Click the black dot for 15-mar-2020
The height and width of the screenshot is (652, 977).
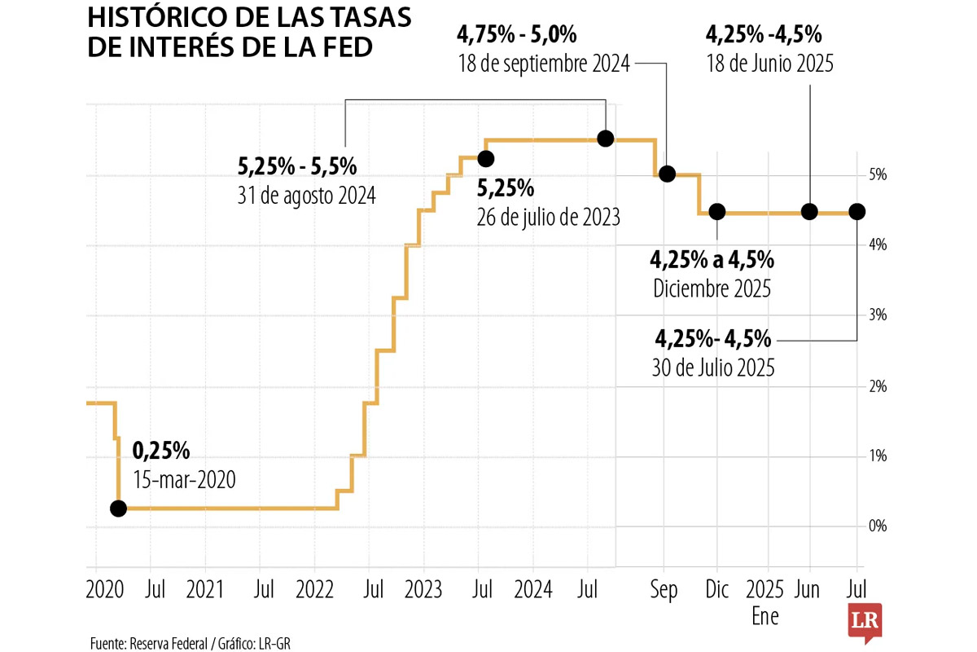[118, 509]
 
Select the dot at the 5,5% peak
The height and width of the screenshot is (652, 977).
[605, 139]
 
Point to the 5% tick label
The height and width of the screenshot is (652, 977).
[876, 175]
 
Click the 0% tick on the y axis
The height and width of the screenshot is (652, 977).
[876, 526]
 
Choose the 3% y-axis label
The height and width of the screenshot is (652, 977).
[876, 315]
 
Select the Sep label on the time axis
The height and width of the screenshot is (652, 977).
[664, 591]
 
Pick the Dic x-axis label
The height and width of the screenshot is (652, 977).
[716, 591]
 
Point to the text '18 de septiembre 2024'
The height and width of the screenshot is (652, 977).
[545, 64]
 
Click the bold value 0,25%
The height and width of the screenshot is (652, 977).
[161, 450]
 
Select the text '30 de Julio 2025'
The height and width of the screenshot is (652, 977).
[713, 368]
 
